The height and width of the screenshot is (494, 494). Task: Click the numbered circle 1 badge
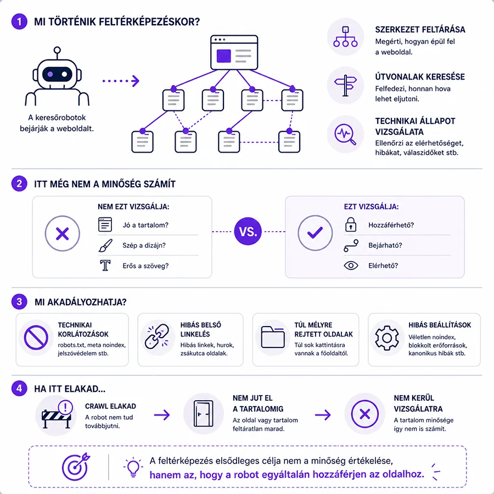[19, 21]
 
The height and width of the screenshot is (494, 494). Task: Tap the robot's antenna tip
[57, 50]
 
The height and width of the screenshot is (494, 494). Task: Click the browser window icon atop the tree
[234, 52]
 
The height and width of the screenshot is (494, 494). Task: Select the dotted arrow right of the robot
[121, 81]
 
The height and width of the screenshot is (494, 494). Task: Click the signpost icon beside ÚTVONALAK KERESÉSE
[346, 86]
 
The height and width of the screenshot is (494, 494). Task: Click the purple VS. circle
[248, 231]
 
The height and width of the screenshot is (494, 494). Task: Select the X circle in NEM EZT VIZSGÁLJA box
[63, 233]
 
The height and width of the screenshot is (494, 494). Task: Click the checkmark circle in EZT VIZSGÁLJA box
[315, 233]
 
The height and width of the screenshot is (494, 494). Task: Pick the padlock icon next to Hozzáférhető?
[351, 224]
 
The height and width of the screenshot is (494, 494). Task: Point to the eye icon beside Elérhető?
[351, 266]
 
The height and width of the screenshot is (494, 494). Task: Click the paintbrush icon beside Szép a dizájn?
[105, 246]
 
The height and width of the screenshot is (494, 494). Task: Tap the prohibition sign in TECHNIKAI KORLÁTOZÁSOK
[36, 338]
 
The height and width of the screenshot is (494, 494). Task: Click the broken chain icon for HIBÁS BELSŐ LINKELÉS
[157, 337]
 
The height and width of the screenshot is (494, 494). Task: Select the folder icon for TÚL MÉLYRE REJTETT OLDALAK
[273, 337]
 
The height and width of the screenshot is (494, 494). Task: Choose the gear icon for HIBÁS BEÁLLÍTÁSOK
[387, 338]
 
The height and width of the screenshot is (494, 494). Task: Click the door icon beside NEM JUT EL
[204, 413]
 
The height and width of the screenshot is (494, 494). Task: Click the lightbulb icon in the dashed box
[133, 467]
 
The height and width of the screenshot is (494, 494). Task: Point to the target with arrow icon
[76, 467]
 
